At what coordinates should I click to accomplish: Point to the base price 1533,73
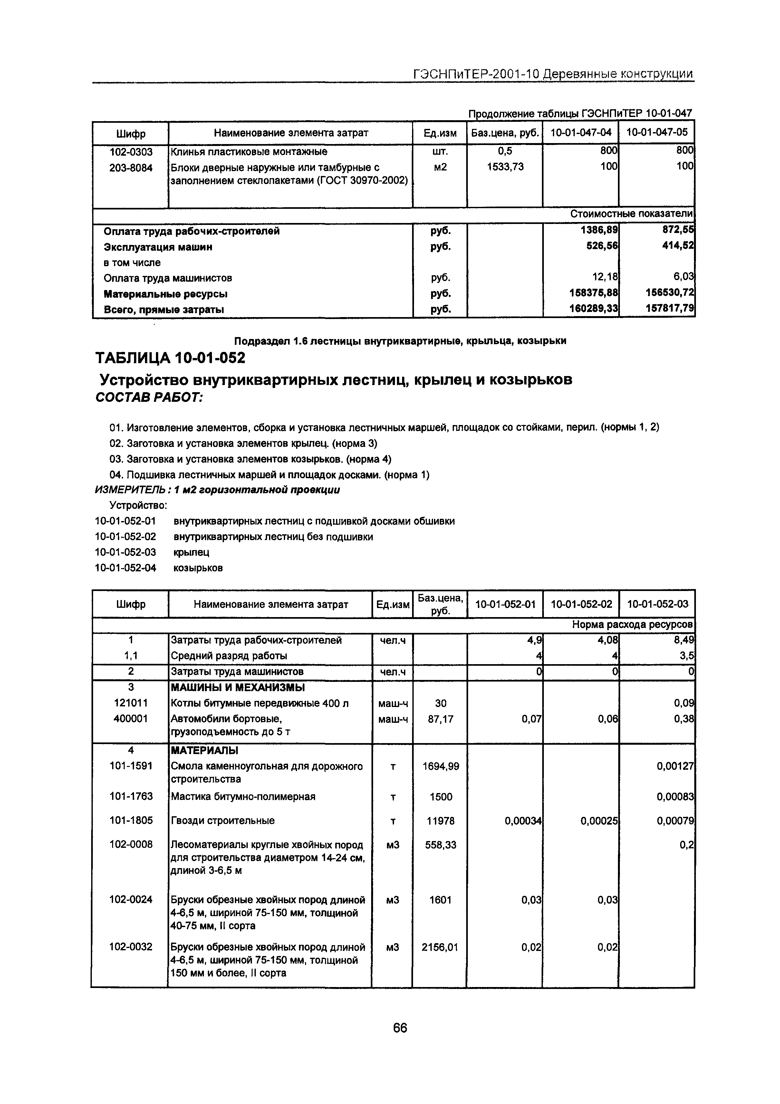pyautogui.click(x=505, y=167)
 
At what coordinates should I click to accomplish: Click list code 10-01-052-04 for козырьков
pyautogui.click(x=126, y=568)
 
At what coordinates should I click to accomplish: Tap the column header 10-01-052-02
pyautogui.click(x=582, y=604)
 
